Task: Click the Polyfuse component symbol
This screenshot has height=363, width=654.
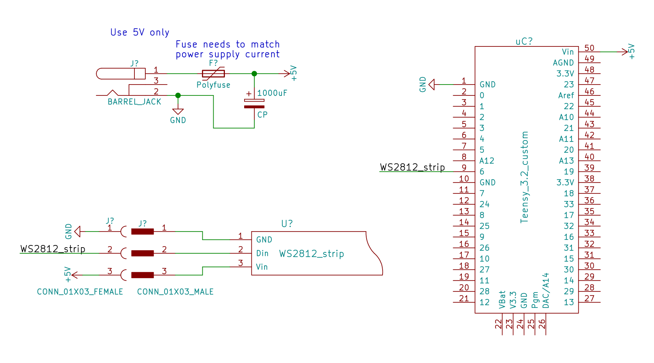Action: [x=213, y=74]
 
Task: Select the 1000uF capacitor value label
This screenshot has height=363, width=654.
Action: [x=272, y=93]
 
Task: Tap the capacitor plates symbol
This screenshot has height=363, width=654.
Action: [x=254, y=103]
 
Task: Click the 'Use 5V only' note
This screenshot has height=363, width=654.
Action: [x=140, y=32]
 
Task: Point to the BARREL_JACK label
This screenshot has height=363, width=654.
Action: [x=134, y=102]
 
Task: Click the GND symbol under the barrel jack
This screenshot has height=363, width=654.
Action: [x=178, y=112]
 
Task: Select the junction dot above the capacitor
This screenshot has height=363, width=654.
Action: [x=254, y=74]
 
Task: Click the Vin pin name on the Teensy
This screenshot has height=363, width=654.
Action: [x=568, y=52]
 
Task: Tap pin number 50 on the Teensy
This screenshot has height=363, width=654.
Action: [x=589, y=48]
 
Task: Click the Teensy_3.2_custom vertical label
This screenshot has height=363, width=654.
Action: [x=524, y=177]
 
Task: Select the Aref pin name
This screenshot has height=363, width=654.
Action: [x=566, y=95]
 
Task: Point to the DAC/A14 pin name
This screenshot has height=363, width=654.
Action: [x=546, y=291]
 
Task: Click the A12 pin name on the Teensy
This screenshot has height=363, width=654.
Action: [x=487, y=161]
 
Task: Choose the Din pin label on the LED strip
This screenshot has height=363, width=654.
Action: [x=262, y=253]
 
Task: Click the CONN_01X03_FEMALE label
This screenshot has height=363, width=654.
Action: [x=80, y=292]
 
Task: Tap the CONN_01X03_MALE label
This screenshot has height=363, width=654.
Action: [x=175, y=292]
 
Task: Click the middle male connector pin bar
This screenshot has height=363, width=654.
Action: [x=142, y=253]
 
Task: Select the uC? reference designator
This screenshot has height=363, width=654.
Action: [x=524, y=41]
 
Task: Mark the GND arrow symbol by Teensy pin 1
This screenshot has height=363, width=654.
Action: [x=432, y=85]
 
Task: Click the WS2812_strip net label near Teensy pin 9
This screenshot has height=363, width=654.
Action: [x=412, y=167]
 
